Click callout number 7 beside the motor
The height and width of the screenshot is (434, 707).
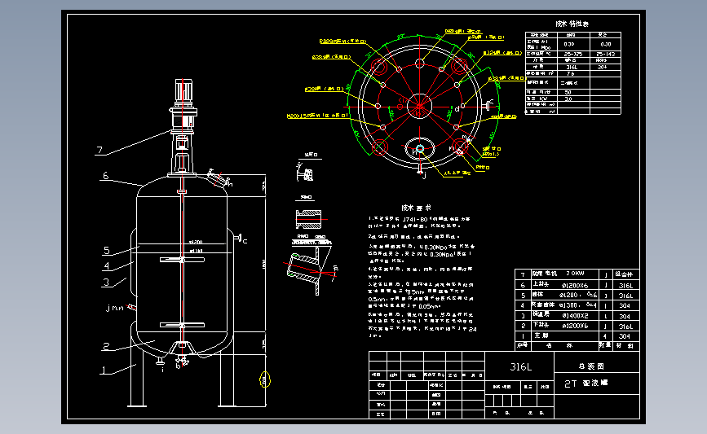99,150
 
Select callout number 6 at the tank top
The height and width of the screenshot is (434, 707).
105,175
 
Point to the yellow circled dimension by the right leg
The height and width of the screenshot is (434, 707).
263,378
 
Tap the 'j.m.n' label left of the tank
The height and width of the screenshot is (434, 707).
115,309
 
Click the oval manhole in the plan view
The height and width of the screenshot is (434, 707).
419,149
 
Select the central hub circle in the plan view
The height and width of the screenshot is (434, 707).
419,104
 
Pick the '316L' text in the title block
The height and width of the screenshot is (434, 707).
520,367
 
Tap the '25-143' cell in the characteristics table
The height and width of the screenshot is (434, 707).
606,54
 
